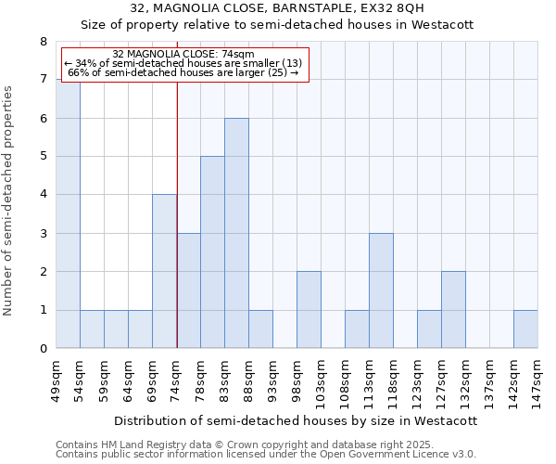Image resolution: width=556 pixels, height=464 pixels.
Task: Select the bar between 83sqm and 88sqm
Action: tap(236, 233)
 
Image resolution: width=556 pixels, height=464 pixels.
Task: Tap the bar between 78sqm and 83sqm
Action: tap(212, 252)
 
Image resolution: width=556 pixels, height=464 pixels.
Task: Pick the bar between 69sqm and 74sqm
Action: tap(164, 271)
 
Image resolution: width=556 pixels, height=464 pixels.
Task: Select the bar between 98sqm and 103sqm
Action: tap(309, 310)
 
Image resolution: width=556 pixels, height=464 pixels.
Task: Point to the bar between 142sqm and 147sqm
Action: tap(525, 329)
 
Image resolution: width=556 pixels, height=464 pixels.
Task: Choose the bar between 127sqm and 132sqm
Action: tap(453, 310)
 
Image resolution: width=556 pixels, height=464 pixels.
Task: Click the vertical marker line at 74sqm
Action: tap(177, 213)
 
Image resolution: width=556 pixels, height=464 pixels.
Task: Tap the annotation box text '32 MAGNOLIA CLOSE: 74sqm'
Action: tap(176, 55)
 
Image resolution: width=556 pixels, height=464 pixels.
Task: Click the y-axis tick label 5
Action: tap(43, 156)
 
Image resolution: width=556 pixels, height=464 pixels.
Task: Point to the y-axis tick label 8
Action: tap(43, 42)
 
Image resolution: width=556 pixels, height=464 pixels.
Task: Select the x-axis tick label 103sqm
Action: tap(322, 382)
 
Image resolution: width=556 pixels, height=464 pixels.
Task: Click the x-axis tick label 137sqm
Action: tap(489, 382)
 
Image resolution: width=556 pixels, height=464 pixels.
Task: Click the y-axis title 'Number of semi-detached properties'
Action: tap(9, 200)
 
